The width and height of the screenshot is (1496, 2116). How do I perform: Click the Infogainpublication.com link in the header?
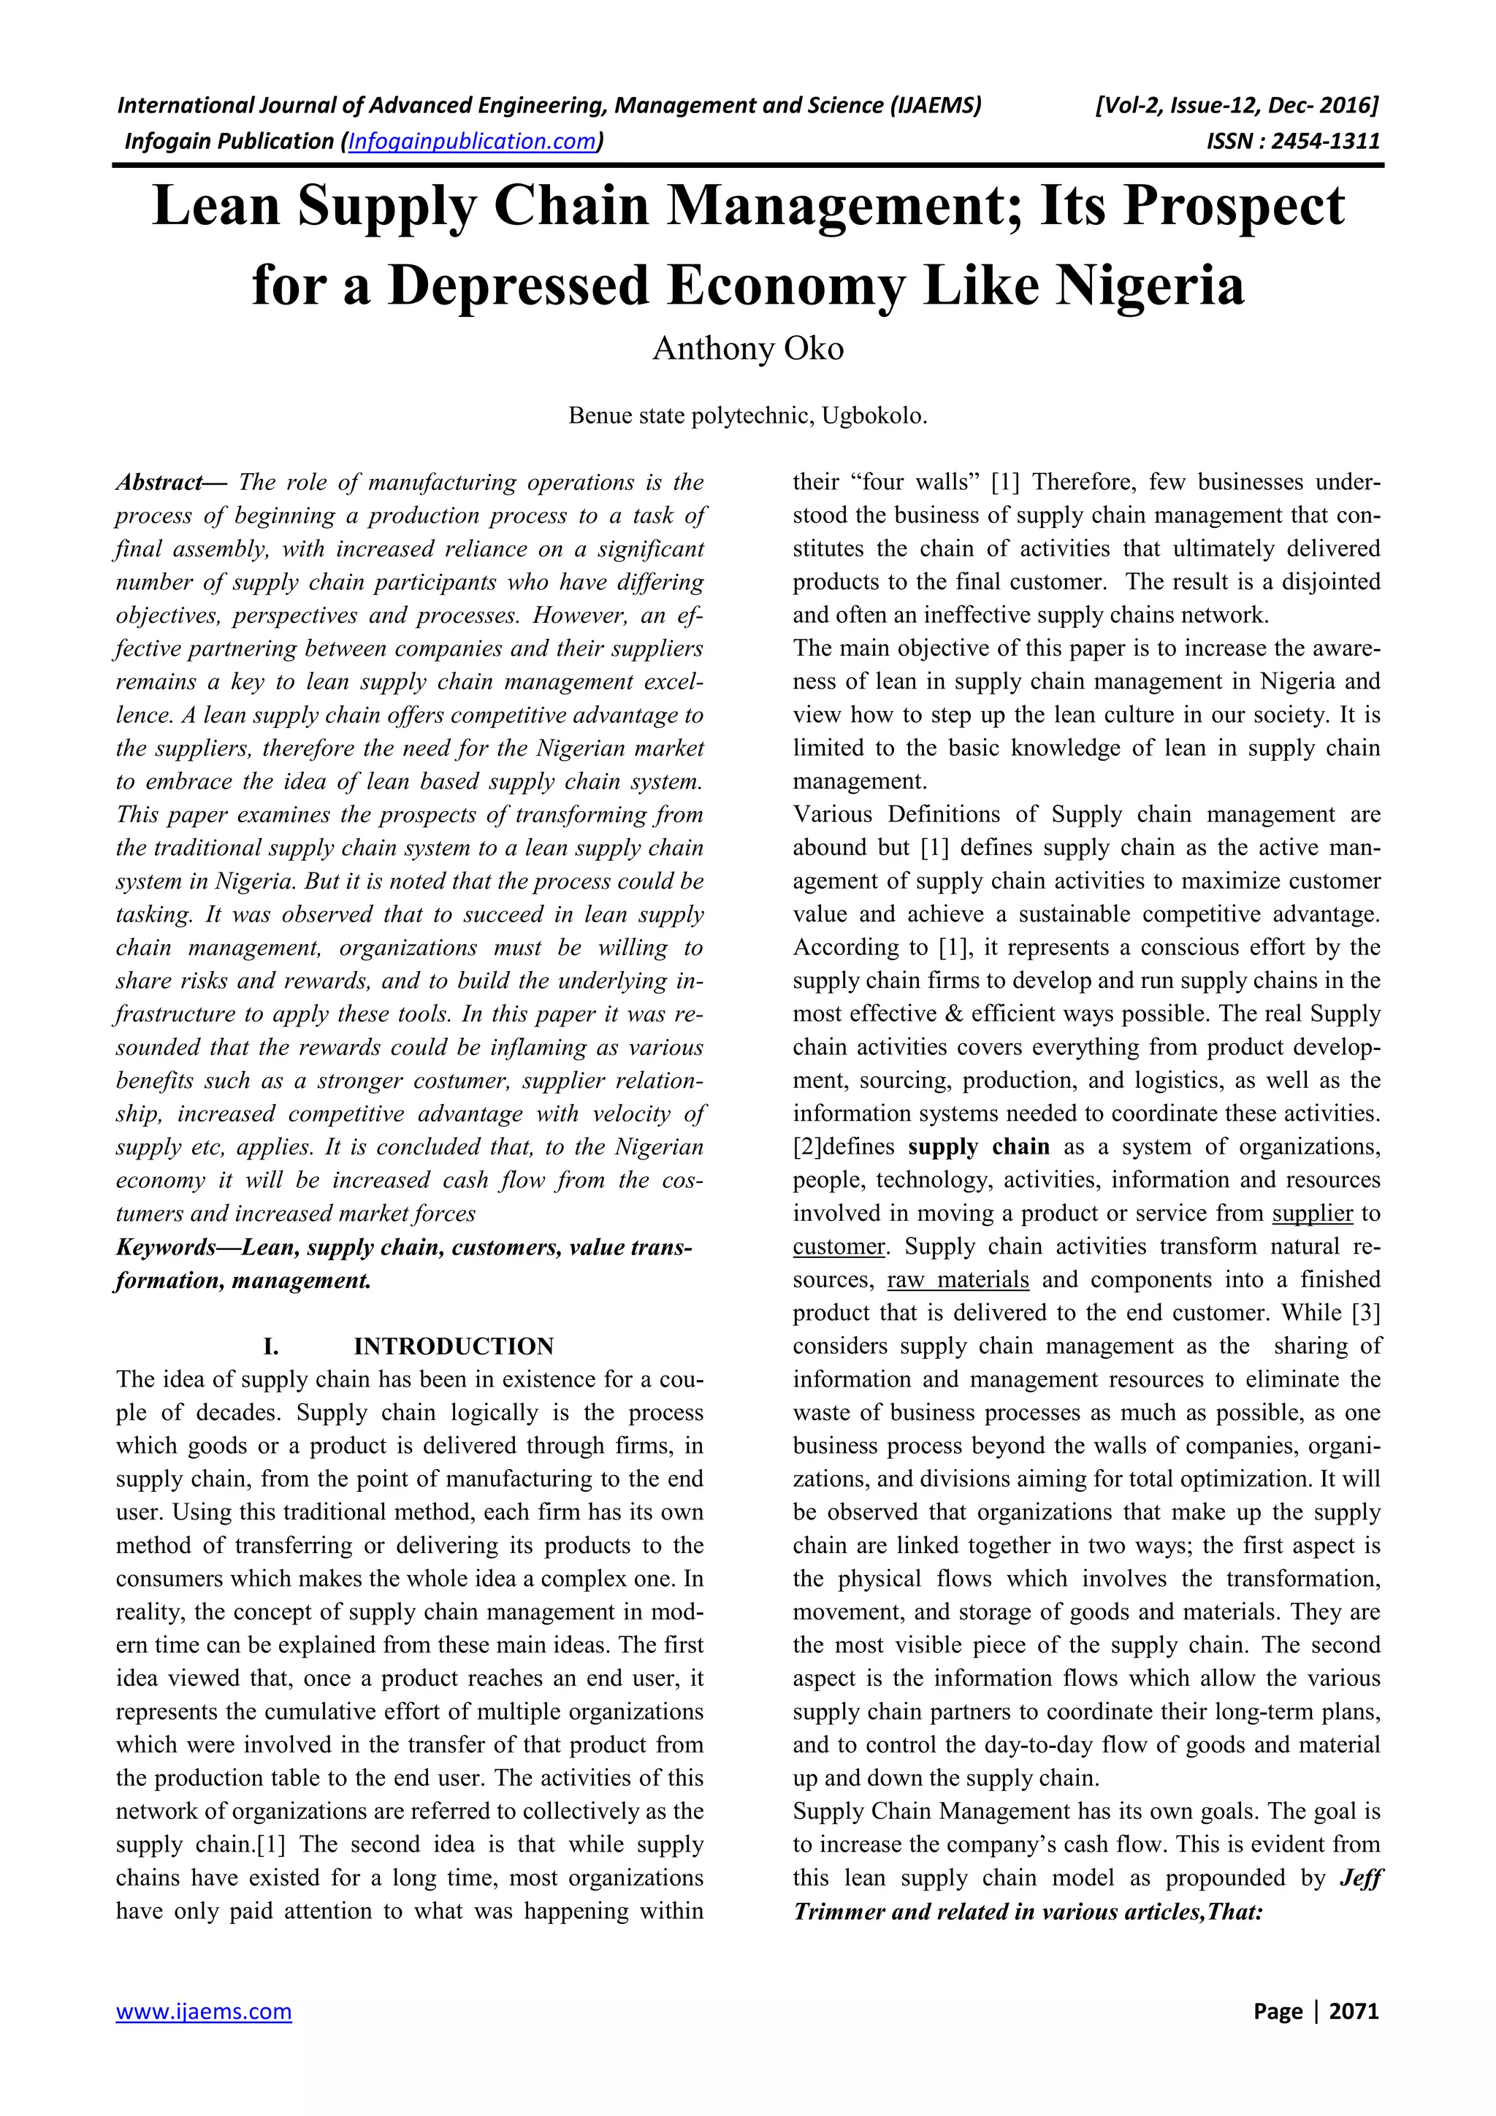point(472,141)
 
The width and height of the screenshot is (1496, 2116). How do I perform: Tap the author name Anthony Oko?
point(747,348)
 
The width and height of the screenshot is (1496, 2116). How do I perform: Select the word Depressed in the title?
point(519,285)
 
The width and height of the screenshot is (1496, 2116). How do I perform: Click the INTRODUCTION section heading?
point(454,1346)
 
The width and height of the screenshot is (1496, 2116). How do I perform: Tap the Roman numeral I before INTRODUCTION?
point(271,1346)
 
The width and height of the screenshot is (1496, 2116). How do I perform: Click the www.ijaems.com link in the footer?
point(204,2012)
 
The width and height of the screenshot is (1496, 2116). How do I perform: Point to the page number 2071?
point(1354,2012)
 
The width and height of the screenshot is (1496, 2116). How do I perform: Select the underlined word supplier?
point(1312,1214)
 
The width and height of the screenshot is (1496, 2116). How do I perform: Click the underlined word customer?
point(838,1247)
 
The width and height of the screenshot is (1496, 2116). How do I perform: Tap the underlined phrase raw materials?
point(958,1280)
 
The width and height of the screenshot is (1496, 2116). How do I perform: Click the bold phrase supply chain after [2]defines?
point(978,1147)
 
